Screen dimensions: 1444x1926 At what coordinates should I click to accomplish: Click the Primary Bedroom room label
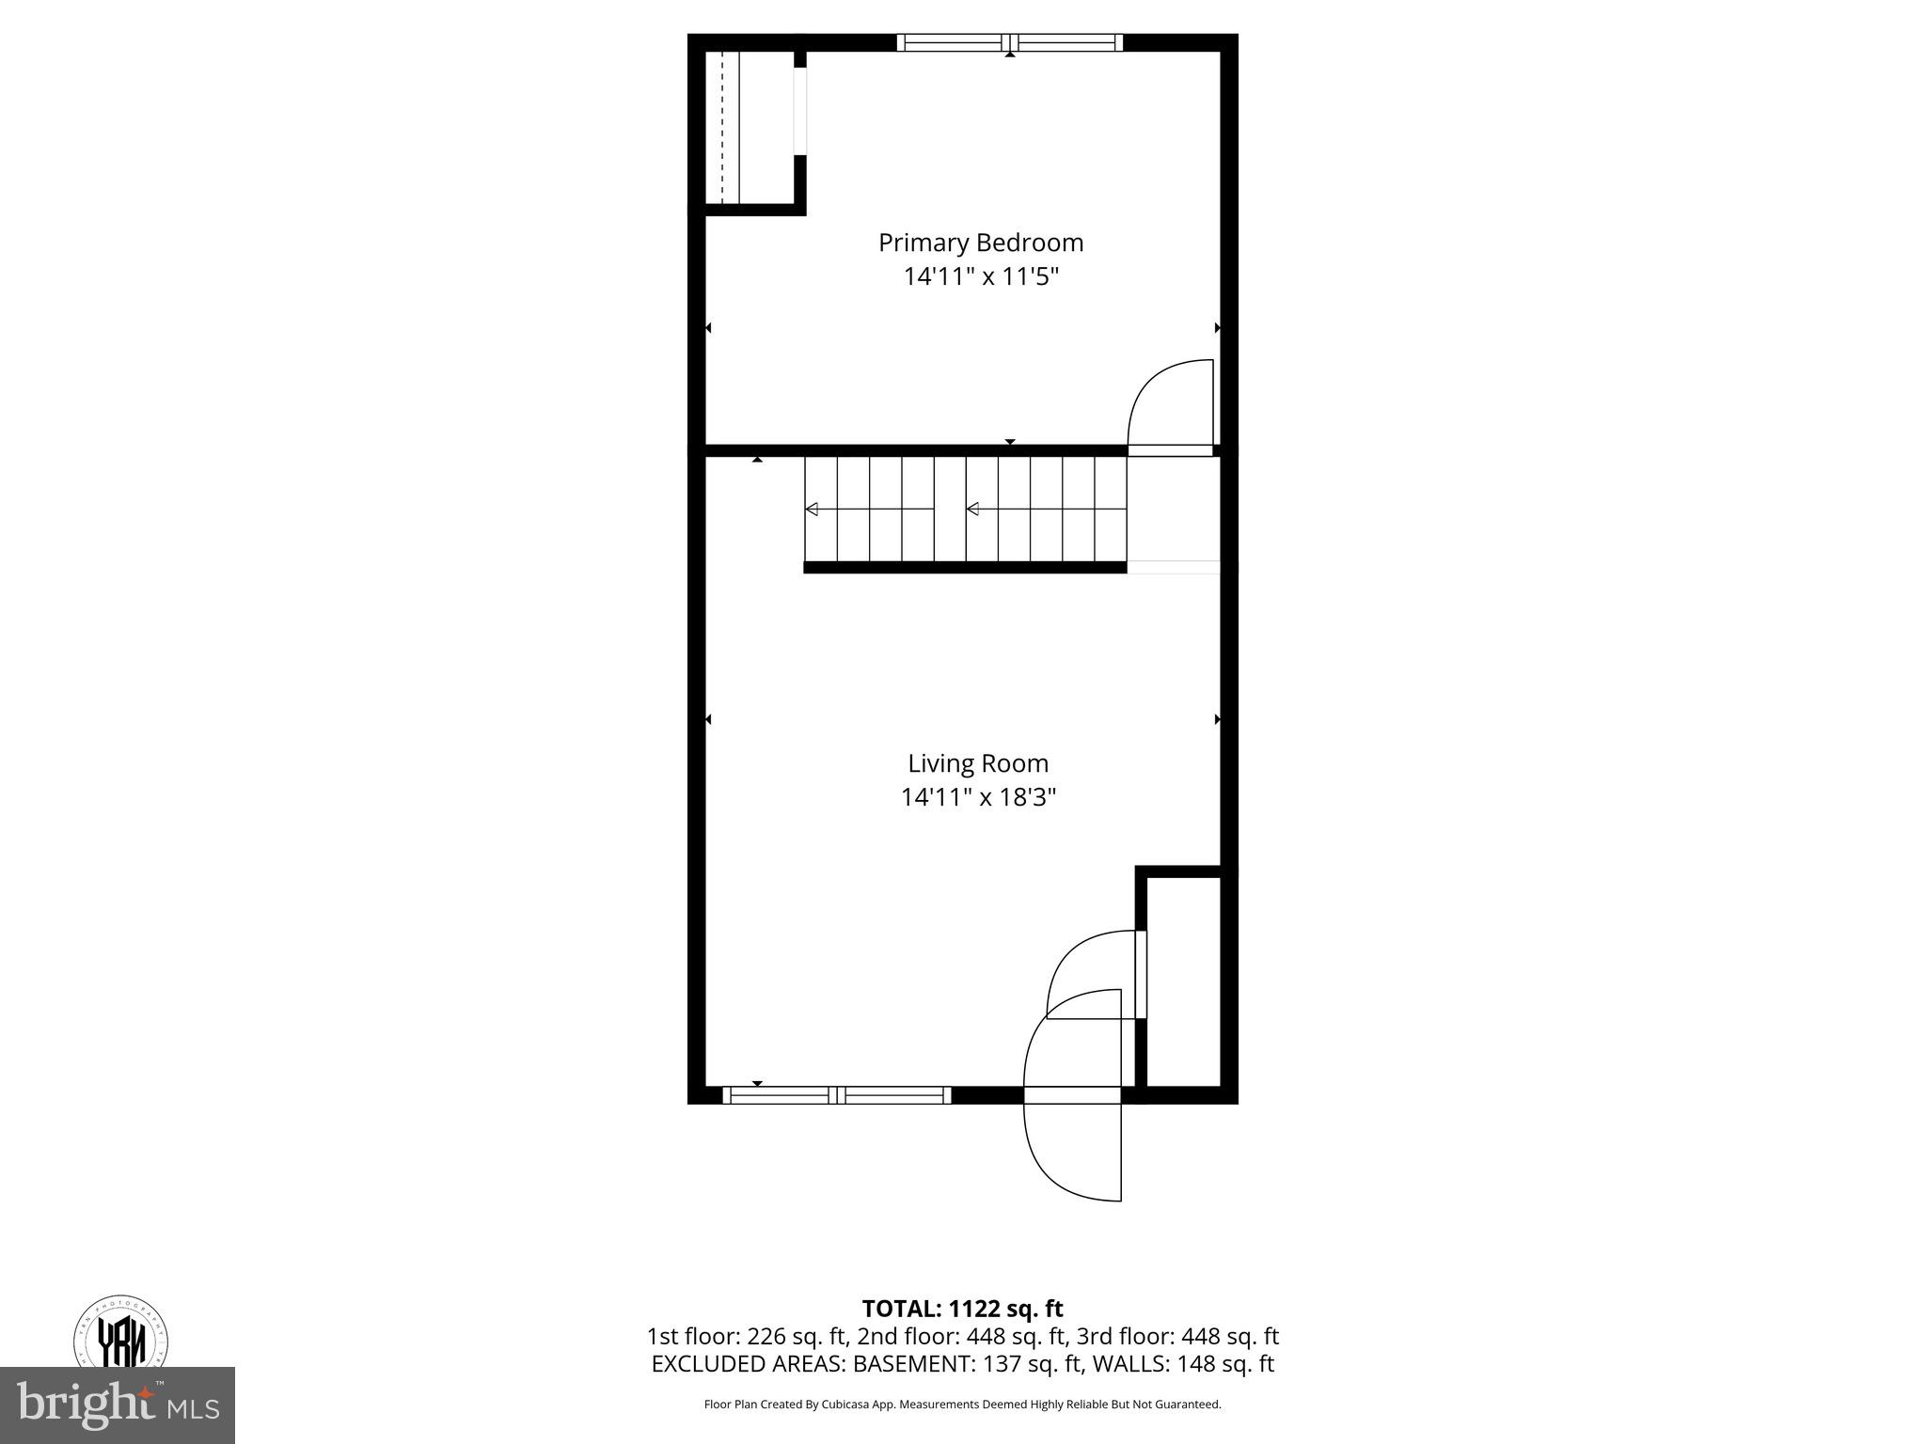tap(980, 243)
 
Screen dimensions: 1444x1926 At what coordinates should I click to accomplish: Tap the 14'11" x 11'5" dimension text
tap(980, 276)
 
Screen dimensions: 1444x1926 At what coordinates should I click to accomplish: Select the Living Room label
tap(977, 763)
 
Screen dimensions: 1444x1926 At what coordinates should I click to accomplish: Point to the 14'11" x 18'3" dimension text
tap(977, 797)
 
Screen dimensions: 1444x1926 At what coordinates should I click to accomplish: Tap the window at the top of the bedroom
tap(1009, 42)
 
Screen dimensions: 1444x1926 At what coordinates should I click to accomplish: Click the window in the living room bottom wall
tap(836, 1094)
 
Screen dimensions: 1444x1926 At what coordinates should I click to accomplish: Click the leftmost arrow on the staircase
tap(812, 510)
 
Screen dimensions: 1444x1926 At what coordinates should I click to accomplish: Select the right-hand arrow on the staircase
tap(973, 510)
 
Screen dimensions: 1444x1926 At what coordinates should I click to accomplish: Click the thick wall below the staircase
tap(964, 567)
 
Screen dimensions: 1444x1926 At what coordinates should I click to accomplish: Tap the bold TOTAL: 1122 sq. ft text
tap(962, 1309)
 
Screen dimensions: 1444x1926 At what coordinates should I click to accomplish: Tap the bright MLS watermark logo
tap(118, 1405)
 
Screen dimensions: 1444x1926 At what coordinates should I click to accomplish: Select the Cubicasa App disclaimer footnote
tap(962, 1405)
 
